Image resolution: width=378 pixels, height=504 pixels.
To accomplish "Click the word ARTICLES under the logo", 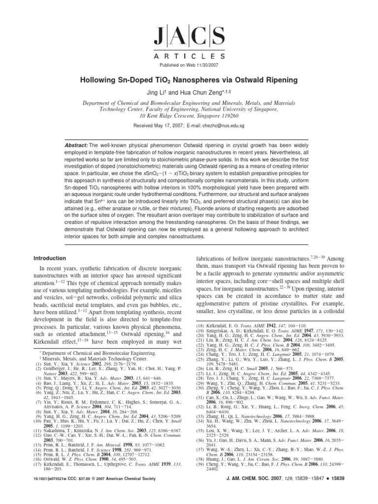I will click(189, 56).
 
